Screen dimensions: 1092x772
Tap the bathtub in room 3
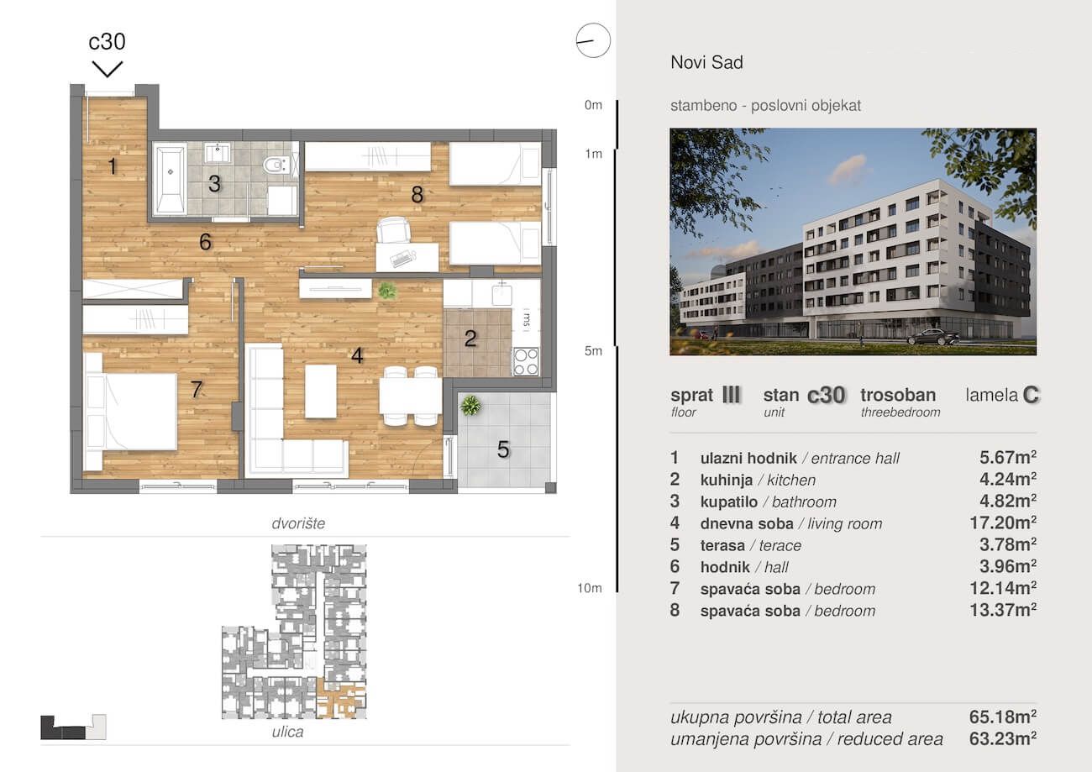click(x=171, y=179)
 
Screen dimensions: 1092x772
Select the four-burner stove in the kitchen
click(x=526, y=361)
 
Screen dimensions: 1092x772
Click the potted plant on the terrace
click(x=470, y=405)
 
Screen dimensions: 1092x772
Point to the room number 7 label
click(x=197, y=389)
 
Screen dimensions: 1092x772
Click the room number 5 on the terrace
click(x=503, y=449)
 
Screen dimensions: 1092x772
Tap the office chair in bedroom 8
click(x=393, y=230)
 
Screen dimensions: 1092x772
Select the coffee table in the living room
click(x=320, y=391)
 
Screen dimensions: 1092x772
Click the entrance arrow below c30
click(x=108, y=69)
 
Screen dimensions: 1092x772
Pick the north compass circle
click(x=593, y=40)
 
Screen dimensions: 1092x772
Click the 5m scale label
click(x=593, y=351)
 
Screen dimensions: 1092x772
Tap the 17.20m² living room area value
click(x=1003, y=523)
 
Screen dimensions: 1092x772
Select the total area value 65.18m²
click(x=1003, y=717)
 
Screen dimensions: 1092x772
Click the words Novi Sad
click(x=706, y=62)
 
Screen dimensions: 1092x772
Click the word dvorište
click(x=298, y=523)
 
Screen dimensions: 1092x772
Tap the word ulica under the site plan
click(x=287, y=732)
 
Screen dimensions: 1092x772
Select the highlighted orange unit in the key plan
click(x=341, y=701)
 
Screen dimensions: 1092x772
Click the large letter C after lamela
click(x=1031, y=395)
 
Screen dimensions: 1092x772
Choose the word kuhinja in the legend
click(x=727, y=480)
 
